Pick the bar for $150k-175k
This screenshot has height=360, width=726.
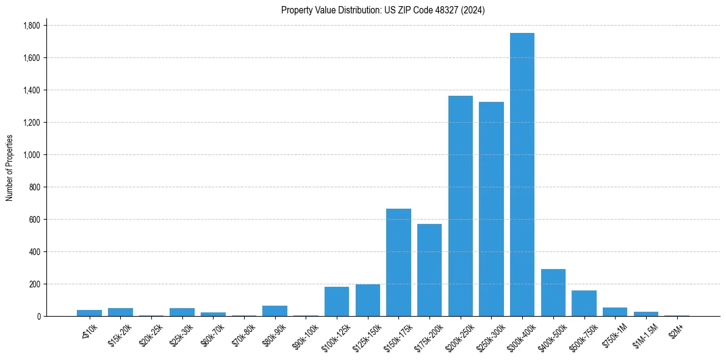[x=398, y=262]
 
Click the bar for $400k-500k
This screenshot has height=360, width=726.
[x=553, y=293]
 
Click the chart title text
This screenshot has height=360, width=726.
[x=383, y=10]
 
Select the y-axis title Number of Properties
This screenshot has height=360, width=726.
[x=10, y=168]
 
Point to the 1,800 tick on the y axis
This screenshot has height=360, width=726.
[x=31, y=26]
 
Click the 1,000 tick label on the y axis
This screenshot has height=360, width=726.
[x=31, y=155]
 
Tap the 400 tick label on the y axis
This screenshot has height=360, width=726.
[x=34, y=252]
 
